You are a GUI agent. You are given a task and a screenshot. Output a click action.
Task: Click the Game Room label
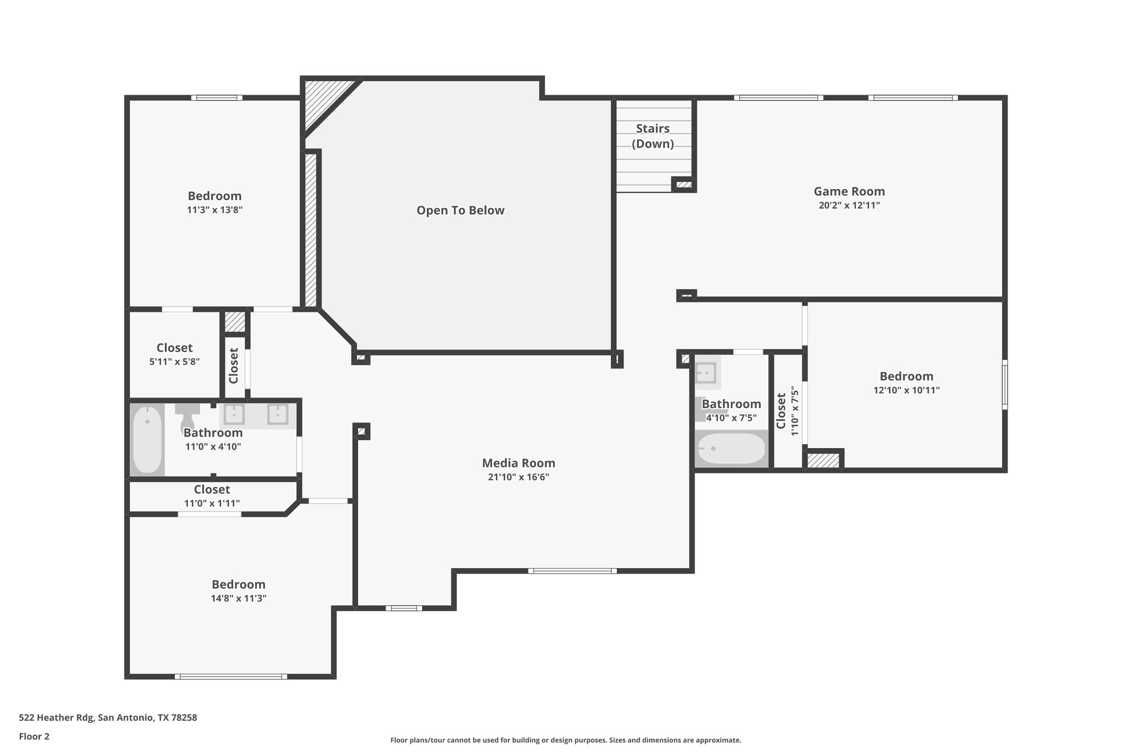click(849, 191)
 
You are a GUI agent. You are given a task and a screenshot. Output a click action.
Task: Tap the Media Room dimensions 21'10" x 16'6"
click(518, 477)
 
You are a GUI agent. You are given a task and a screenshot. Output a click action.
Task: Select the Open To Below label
click(460, 210)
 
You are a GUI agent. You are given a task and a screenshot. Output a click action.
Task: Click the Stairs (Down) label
click(653, 136)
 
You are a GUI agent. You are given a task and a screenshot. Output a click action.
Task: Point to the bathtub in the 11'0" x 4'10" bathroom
click(148, 440)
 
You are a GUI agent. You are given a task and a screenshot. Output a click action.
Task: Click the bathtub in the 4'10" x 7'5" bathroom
click(731, 449)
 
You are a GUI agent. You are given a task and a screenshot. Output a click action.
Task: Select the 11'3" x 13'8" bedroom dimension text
click(214, 210)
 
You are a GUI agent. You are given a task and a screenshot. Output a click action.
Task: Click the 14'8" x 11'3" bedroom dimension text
click(239, 598)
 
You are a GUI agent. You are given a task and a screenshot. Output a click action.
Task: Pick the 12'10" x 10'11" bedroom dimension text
click(906, 390)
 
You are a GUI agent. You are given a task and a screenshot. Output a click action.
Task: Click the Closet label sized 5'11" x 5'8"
click(175, 348)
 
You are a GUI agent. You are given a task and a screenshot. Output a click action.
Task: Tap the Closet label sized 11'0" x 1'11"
click(212, 490)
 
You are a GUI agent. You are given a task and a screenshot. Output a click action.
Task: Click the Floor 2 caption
click(34, 737)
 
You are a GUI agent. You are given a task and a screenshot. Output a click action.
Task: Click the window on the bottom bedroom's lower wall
click(231, 676)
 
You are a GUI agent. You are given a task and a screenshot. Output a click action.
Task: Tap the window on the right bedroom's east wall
click(1004, 385)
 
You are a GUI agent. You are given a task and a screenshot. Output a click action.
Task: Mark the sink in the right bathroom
click(706, 373)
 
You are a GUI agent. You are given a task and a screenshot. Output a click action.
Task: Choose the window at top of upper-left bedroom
click(217, 98)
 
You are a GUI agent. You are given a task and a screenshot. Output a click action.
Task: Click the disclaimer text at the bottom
click(565, 740)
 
